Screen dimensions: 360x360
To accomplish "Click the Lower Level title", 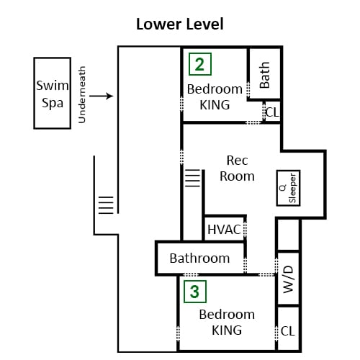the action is pyautogui.click(x=180, y=24).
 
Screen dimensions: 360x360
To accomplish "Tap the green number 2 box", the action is pyautogui.click(x=200, y=64).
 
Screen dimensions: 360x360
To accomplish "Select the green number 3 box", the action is pyautogui.click(x=195, y=292).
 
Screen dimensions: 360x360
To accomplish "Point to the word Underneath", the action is pyautogui.click(x=82, y=94).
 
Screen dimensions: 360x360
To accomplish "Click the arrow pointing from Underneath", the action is pyautogui.click(x=101, y=96).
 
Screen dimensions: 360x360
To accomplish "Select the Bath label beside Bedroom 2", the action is pyautogui.click(x=265, y=75).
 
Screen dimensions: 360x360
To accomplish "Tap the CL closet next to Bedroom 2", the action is pyautogui.click(x=272, y=112).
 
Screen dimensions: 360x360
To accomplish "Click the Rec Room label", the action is pyautogui.click(x=237, y=168).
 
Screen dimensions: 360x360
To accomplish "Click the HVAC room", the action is pyautogui.click(x=224, y=228).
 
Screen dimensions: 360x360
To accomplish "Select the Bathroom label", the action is pyautogui.click(x=199, y=258).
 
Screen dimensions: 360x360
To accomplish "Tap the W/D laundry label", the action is pyautogui.click(x=289, y=279).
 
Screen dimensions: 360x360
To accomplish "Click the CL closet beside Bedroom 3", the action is pyautogui.click(x=288, y=331).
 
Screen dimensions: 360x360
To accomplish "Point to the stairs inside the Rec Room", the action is pyautogui.click(x=193, y=178).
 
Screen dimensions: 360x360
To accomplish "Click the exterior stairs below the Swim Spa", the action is pyautogui.click(x=106, y=205).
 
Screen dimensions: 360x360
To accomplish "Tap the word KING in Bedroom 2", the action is pyautogui.click(x=215, y=105).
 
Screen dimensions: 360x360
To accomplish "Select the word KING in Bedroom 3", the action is pyautogui.click(x=227, y=330).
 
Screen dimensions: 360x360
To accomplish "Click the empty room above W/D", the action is pyautogui.click(x=289, y=234).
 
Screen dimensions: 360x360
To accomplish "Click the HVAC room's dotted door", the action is pyautogui.click(x=245, y=228).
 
